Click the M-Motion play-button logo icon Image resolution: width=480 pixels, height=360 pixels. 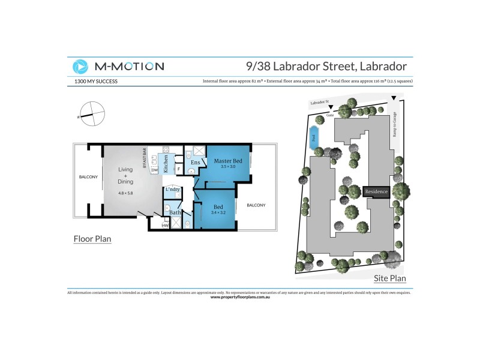coord(80,67)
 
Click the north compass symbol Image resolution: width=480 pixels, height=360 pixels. coord(91,113)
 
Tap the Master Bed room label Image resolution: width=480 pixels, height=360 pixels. coord(228,161)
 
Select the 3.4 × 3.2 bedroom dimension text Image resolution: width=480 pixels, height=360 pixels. coord(218,212)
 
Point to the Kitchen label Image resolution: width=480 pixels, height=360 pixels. coord(166,164)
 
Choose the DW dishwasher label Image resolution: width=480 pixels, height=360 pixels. coord(154,171)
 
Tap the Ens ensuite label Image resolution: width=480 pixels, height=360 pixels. coord(195,163)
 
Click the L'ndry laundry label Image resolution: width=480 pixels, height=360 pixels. coord(173,190)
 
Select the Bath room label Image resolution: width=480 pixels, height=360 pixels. coord(175,212)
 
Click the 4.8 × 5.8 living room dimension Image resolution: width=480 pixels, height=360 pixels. coord(125,193)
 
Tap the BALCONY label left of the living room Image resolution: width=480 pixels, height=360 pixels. coord(88,178)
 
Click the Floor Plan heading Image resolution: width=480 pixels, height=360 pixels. coord(92,239)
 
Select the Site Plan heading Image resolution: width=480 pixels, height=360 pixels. coord(389,278)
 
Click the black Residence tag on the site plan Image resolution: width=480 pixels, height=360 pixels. coord(376,192)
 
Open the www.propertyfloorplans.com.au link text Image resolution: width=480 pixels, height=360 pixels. coord(240,297)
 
